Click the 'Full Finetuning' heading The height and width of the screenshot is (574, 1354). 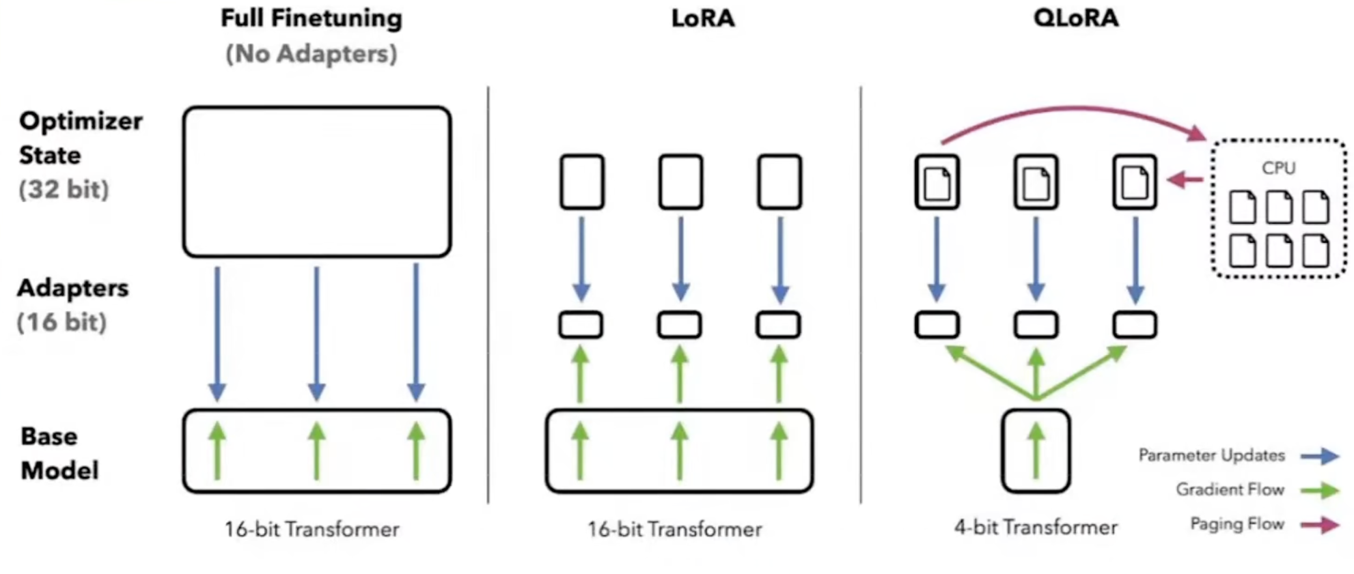311,18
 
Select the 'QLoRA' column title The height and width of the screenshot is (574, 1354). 1075,18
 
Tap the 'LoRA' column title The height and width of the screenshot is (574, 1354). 702,18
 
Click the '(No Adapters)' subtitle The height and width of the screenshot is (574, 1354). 311,54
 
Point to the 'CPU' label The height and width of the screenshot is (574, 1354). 1278,168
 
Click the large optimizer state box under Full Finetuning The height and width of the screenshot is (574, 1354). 316,182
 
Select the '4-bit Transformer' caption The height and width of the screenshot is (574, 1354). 1036,528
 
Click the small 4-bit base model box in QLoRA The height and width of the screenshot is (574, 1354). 1036,450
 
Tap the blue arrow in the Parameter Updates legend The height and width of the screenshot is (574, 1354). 1319,456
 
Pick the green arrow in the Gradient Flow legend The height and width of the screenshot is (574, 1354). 1319,490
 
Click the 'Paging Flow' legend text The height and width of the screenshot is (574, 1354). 1236,524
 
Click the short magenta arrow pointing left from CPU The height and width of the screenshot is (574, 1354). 1185,180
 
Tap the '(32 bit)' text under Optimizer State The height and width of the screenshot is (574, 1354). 64,190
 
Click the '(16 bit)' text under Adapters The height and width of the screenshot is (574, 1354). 61,322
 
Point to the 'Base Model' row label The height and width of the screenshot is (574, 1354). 59,453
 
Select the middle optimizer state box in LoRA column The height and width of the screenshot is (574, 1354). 680,182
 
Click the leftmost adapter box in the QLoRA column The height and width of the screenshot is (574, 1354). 937,325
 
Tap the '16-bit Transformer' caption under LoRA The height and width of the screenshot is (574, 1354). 674,530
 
